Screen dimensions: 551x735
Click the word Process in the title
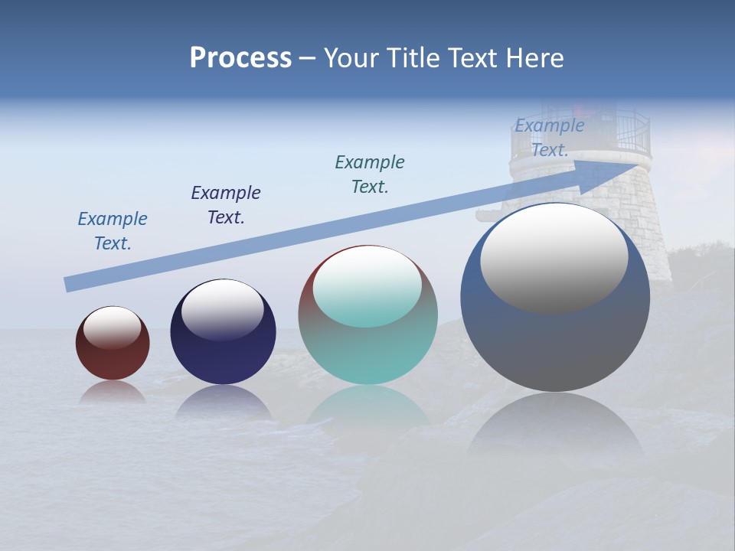coord(240,58)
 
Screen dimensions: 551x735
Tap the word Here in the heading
coord(534,58)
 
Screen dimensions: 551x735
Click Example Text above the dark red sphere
coord(113,231)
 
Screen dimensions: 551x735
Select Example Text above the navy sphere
coord(226,204)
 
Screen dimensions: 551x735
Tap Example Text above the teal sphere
coord(370,174)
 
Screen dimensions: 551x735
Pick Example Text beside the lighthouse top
coord(549,138)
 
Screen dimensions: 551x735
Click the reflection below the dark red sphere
coord(113,392)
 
